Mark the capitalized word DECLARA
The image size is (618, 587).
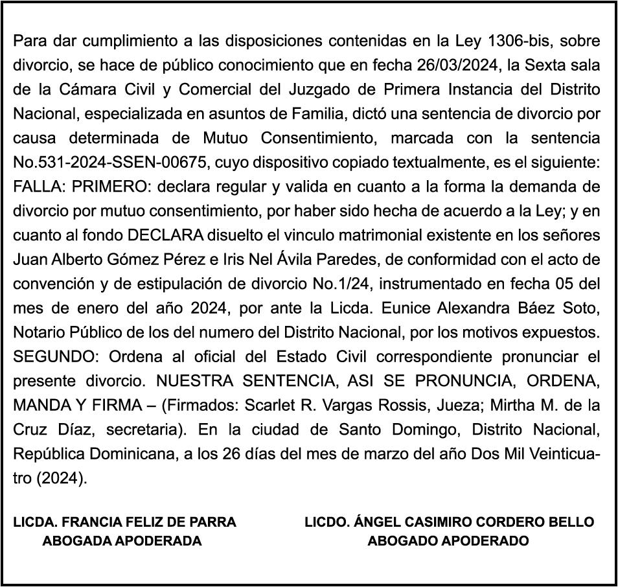(x=166, y=235)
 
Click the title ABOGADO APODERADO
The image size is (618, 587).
(x=448, y=541)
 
